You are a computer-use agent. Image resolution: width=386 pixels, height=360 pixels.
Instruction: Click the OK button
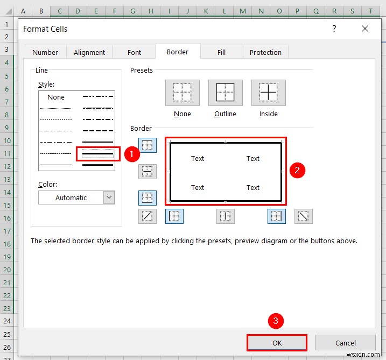(x=277, y=343)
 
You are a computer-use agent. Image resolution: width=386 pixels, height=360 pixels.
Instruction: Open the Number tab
(x=45, y=52)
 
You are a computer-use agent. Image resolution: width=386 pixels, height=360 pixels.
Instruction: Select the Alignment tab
(x=89, y=52)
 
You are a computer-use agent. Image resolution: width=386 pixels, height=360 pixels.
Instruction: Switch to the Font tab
(x=135, y=52)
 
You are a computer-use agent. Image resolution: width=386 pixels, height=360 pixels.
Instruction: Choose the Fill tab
(x=221, y=52)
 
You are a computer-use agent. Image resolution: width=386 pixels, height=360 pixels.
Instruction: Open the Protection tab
(x=265, y=52)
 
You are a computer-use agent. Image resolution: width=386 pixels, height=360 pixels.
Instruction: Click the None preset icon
(x=183, y=93)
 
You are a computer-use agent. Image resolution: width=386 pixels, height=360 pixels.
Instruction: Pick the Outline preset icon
(x=225, y=93)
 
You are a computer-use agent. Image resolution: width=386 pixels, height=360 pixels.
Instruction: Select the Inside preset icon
(x=269, y=93)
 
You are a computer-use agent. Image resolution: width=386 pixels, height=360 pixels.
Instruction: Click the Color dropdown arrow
(x=109, y=197)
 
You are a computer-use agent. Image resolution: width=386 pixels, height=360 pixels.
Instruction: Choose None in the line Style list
(x=56, y=97)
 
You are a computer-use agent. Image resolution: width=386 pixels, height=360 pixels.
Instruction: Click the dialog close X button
(x=365, y=29)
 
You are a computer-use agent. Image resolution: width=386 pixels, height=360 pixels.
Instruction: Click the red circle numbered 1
(x=132, y=153)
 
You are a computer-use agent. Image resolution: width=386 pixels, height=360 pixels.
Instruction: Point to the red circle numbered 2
(x=297, y=170)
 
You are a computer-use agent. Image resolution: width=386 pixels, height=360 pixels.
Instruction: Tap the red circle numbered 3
(x=276, y=322)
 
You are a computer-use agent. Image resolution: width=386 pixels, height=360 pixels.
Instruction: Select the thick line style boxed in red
(x=97, y=154)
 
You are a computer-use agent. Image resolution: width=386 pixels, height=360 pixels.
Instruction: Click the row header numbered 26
(x=7, y=347)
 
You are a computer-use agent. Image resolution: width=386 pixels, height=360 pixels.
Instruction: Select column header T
(x=370, y=11)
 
